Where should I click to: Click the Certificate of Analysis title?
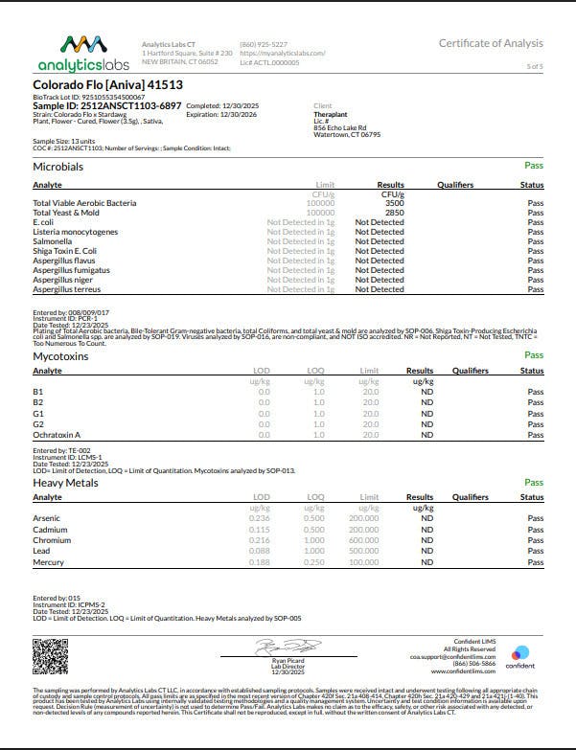491,43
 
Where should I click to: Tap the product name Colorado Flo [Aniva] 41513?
94,84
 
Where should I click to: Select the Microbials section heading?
58,167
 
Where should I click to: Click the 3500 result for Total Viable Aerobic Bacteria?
394,203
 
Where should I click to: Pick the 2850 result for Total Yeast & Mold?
394,213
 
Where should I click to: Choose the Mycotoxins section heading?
59,355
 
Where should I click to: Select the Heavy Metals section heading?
65,483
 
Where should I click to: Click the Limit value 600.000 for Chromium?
363,539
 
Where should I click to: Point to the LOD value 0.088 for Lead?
260,550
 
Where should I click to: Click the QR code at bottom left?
51,655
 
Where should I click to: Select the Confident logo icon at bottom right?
520,651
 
